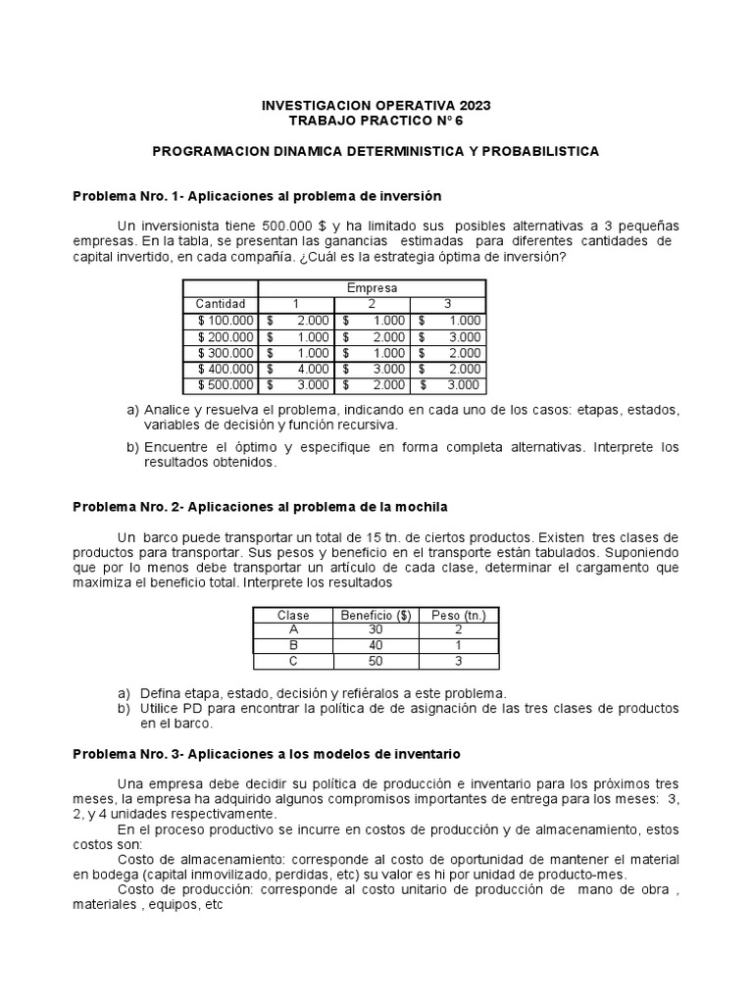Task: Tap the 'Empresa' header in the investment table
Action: [372, 288]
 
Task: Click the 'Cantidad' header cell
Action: [221, 304]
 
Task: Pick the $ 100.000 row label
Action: [226, 321]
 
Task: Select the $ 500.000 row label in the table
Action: [226, 385]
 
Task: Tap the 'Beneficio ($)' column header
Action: [376, 615]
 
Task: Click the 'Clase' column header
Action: [293, 615]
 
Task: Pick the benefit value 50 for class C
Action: [376, 662]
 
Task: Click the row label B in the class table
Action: [293, 646]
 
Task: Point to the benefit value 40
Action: [376, 646]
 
